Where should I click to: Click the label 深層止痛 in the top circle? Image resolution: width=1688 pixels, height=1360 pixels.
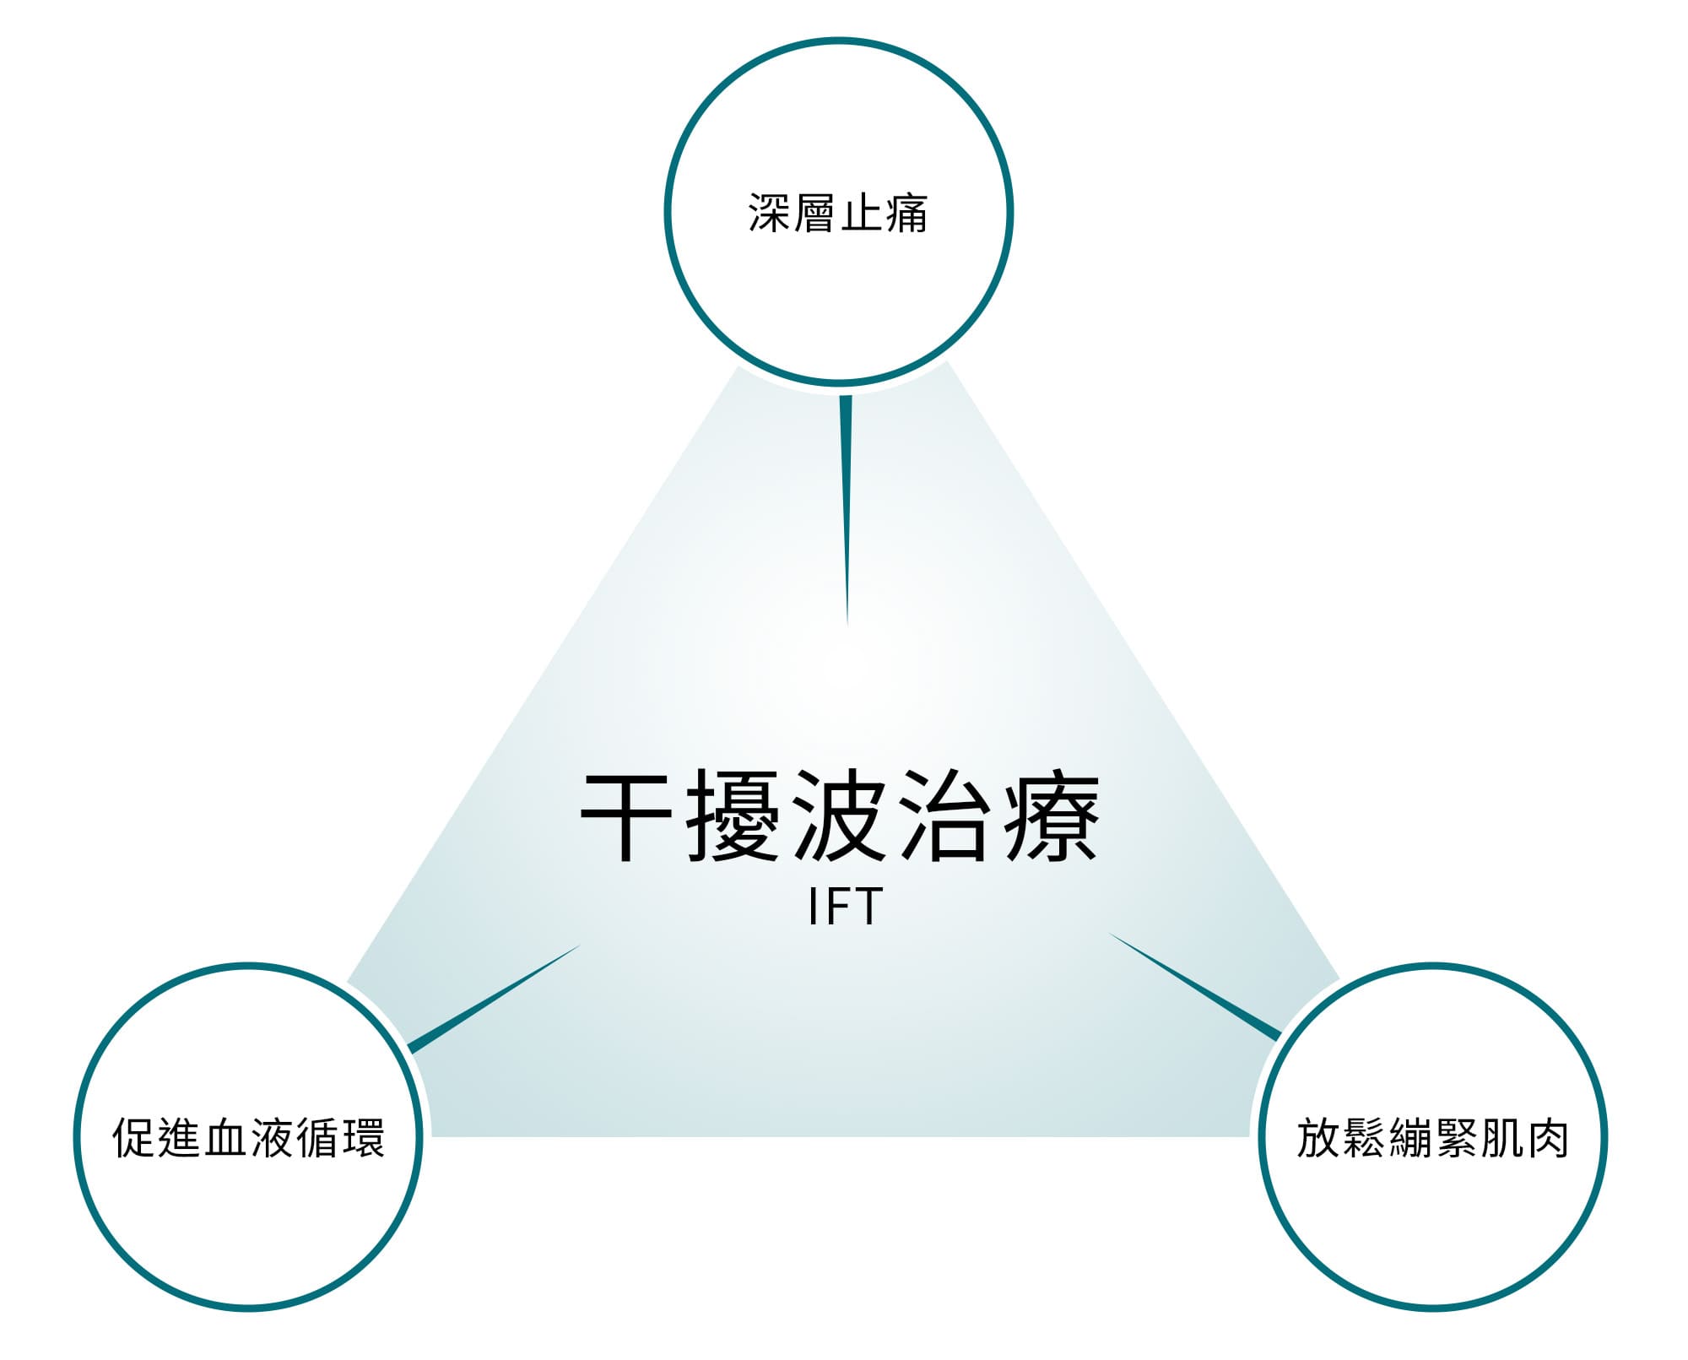tap(838, 213)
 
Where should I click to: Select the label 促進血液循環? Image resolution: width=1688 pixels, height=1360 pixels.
tap(249, 1138)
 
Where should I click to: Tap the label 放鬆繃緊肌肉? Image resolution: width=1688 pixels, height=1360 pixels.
tap(1433, 1138)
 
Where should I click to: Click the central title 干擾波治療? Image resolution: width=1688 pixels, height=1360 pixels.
tap(841, 816)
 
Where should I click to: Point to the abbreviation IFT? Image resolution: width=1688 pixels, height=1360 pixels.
tap(845, 907)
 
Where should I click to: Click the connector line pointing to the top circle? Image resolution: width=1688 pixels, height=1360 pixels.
tap(846, 511)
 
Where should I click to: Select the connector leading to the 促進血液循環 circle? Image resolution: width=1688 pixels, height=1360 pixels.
tap(495, 999)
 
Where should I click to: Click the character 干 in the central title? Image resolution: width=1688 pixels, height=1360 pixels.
tap(627, 816)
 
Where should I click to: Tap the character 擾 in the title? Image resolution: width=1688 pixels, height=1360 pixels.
tap(733, 816)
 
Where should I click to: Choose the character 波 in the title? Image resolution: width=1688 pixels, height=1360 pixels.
tap(840, 816)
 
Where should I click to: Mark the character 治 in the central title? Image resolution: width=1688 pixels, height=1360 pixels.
tap(945, 816)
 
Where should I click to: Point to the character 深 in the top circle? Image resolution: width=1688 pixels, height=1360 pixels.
tap(770, 213)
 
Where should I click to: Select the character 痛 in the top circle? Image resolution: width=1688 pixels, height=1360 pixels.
tap(907, 213)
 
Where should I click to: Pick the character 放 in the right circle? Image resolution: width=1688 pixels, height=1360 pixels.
tap(1318, 1138)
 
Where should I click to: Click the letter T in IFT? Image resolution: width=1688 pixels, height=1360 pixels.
tap(868, 907)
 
